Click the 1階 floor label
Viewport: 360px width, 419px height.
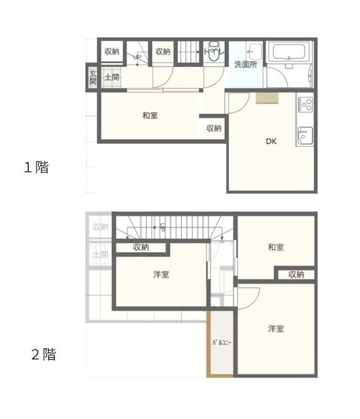point(36,168)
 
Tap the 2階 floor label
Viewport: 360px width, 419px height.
point(43,355)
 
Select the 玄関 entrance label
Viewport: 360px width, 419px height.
point(93,78)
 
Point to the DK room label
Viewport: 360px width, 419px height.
point(271,141)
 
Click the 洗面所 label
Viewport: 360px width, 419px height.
point(245,65)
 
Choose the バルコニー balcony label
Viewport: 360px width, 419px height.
point(222,343)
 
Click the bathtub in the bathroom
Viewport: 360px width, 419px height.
point(289,52)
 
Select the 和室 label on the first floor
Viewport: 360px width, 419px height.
point(150,115)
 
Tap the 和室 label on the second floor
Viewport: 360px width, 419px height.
point(276,247)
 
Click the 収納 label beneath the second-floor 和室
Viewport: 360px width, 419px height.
point(296,274)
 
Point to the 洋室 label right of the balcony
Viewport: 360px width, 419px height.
point(276,329)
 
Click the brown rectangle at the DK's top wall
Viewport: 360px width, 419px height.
point(267,99)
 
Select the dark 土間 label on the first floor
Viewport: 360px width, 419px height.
point(111,78)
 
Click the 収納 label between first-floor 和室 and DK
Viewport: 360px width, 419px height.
point(213,128)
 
